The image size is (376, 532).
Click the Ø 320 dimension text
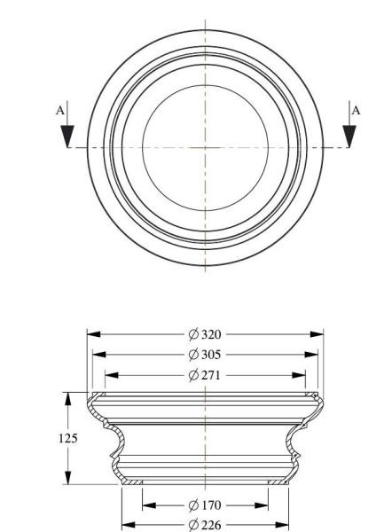click(205, 334)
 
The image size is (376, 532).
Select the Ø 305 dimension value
click(205, 355)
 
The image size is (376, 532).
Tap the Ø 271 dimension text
click(205, 375)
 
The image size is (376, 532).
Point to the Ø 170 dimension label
click(205, 505)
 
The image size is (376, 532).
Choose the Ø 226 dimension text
click(205, 525)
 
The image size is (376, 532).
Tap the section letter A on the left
click(59, 111)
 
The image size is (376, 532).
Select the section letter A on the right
click(356, 111)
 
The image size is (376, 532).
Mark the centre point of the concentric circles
click(205, 146)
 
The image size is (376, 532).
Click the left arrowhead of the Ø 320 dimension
click(92, 334)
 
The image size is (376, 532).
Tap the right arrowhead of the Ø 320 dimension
click(317, 334)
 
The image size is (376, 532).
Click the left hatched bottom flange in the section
click(131, 482)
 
